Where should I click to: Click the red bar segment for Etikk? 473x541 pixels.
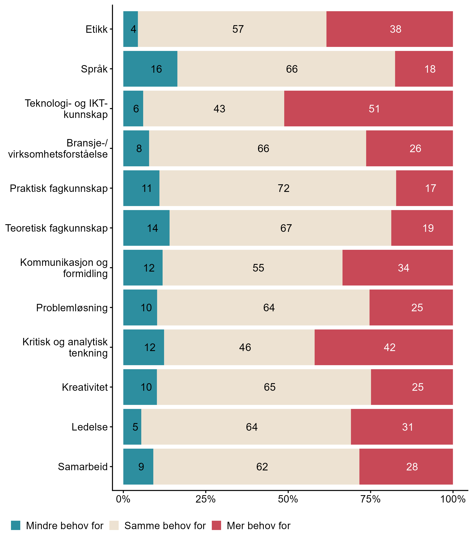[x=390, y=29]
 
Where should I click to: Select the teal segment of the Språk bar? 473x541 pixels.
[x=150, y=69]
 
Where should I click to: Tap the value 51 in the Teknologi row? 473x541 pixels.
[x=374, y=109]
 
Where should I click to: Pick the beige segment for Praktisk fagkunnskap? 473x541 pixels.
[x=278, y=188]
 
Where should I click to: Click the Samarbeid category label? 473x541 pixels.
[x=83, y=467]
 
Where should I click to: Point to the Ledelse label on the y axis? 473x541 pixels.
[x=90, y=427]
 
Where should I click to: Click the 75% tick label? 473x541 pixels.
[x=370, y=499]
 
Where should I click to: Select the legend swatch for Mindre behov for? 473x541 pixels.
[x=16, y=525]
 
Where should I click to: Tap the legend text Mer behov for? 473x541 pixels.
[x=258, y=526]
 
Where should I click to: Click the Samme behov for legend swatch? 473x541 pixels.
[x=114, y=525]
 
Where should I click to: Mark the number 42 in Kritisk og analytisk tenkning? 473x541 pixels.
[x=389, y=347]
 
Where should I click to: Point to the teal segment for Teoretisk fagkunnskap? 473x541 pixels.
[x=146, y=228]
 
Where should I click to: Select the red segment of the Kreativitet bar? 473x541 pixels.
[x=412, y=387]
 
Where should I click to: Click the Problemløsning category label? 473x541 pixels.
[x=72, y=308]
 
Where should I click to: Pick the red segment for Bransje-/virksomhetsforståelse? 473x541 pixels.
[x=409, y=148]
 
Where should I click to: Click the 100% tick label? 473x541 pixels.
[x=453, y=499]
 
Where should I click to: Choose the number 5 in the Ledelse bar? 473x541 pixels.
[x=135, y=427]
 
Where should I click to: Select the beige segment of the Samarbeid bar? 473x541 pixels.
[x=256, y=467]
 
